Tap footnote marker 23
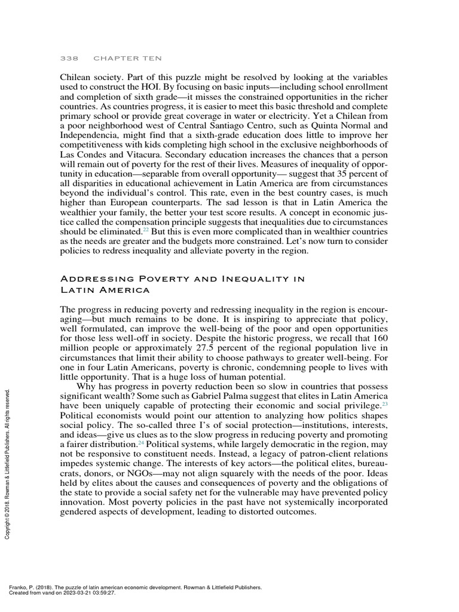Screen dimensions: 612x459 [x=385, y=404]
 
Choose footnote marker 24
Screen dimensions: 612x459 [x=141, y=443]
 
